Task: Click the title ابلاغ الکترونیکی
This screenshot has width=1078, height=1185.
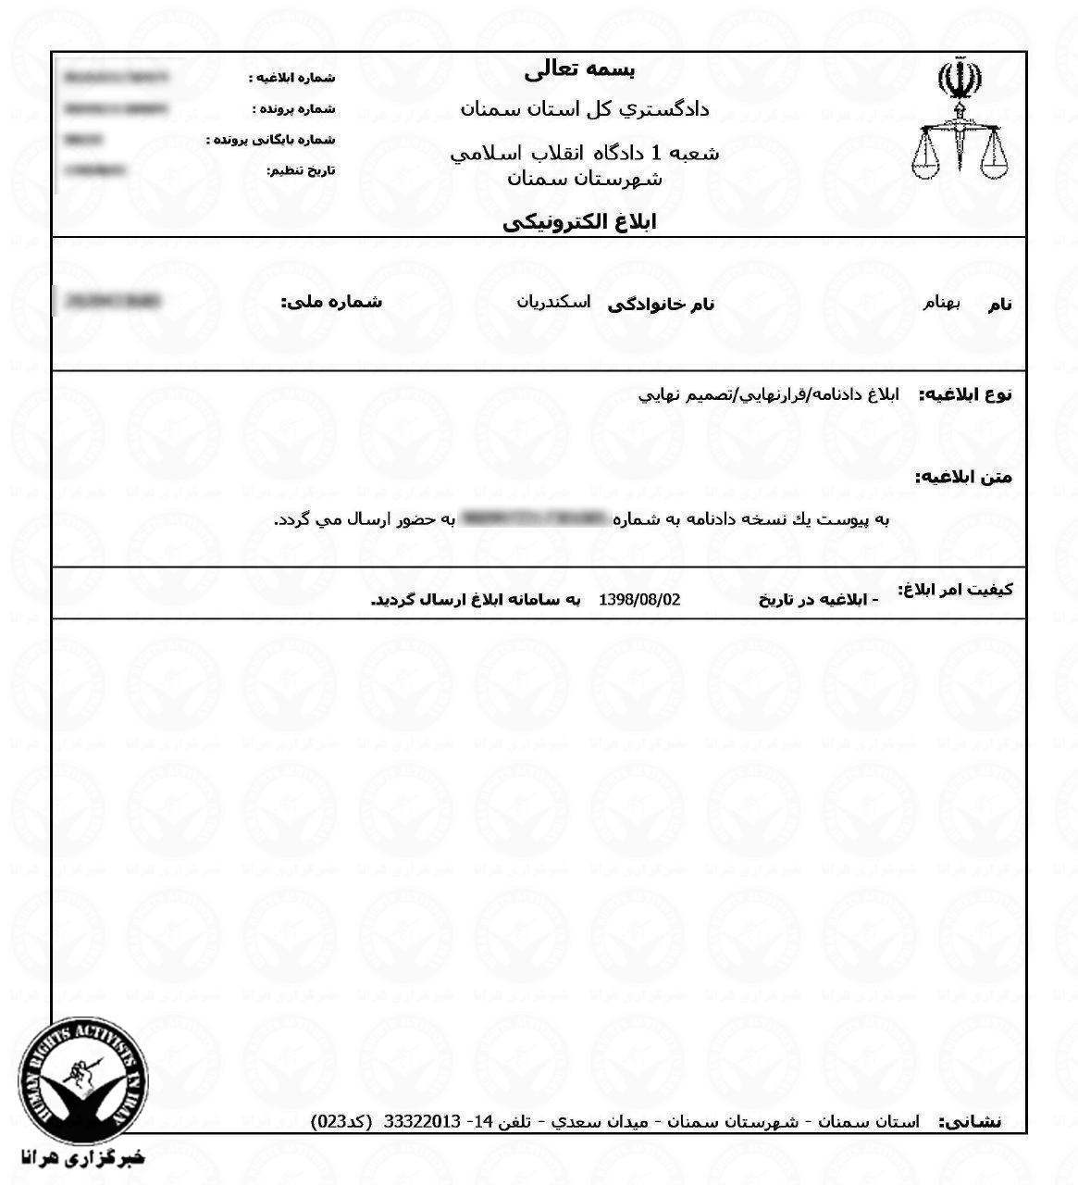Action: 579,223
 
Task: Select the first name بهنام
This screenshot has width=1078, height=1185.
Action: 943,303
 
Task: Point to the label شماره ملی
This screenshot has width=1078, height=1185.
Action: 331,302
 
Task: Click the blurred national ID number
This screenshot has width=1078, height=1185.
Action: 108,301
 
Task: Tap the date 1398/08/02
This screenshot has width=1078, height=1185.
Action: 640,600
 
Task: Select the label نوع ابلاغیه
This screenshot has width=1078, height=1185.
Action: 965,394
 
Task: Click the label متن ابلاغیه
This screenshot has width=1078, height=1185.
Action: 963,478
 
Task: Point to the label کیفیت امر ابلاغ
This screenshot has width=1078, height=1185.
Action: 956,590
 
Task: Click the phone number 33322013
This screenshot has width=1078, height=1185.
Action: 422,1122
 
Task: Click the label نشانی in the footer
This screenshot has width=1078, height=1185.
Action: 970,1122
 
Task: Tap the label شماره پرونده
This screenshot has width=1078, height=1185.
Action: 293,109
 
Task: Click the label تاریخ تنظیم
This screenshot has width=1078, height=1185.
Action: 301,171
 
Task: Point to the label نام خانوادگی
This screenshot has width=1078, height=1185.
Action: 661,304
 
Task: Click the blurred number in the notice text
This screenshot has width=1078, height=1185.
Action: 535,518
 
